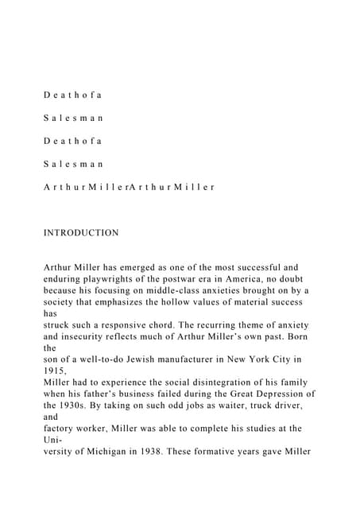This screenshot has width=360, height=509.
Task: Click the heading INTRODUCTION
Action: click(x=81, y=233)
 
